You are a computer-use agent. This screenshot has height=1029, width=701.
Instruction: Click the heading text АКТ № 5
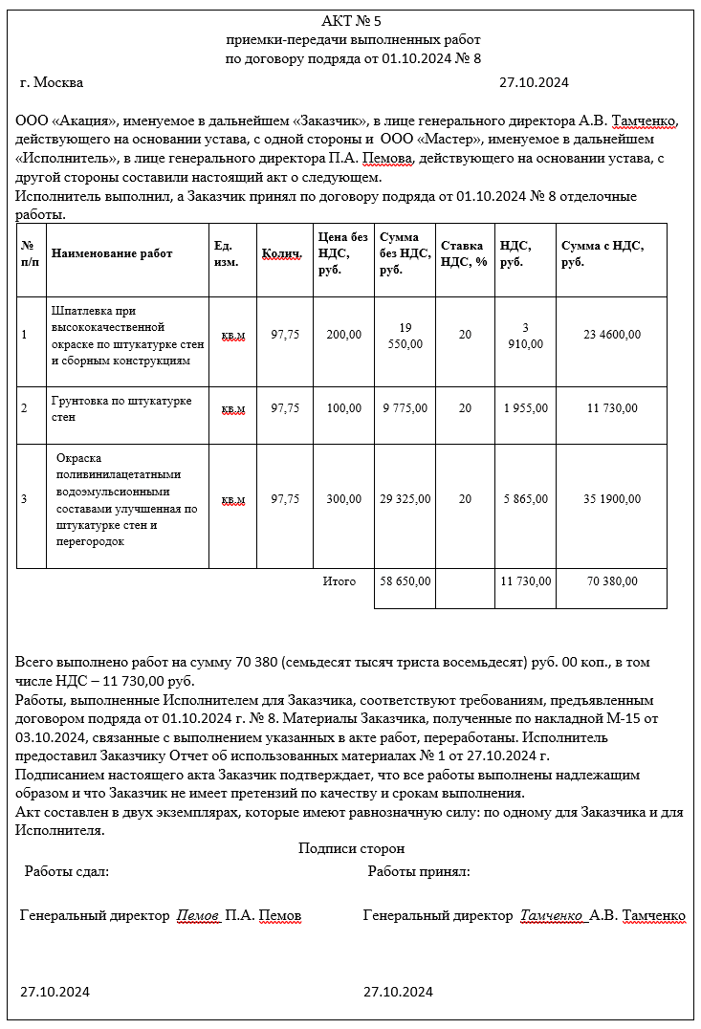353,21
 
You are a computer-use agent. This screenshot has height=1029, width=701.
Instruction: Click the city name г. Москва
52,82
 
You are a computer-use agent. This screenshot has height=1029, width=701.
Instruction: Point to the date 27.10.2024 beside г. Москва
534,82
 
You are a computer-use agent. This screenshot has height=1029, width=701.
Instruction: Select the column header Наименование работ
112,253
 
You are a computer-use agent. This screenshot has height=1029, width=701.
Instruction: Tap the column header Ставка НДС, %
464,253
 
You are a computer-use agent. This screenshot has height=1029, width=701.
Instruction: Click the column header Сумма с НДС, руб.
602,253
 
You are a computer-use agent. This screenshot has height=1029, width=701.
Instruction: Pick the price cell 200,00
343,335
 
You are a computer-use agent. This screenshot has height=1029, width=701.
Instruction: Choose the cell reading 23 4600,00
612,335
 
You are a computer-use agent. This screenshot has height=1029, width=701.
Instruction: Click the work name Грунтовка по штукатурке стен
121,408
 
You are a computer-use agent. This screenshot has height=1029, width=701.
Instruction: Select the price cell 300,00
343,499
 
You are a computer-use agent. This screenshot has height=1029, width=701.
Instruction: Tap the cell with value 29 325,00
405,499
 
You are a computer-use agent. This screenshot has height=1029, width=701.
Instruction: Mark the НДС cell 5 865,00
526,499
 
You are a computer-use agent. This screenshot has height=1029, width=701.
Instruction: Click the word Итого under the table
340,581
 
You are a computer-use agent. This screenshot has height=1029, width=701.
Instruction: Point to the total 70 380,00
612,581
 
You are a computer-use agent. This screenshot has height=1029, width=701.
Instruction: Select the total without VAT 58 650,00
405,581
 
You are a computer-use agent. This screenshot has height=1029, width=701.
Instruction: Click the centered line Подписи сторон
351,848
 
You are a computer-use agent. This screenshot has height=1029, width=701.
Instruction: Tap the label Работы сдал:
67,872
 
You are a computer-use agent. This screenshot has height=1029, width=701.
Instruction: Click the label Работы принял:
419,872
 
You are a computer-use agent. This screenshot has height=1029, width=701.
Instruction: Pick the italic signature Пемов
198,916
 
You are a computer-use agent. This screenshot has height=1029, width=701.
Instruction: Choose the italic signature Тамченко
552,916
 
